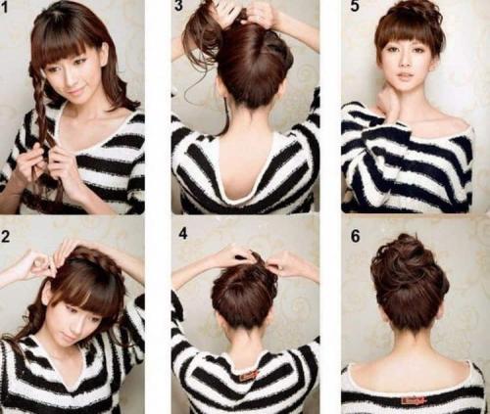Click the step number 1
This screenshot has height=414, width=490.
[x=4, y=8]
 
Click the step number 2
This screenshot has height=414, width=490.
[x=5, y=237]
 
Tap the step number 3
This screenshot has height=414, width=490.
[x=178, y=6]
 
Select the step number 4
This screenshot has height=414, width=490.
[x=183, y=234]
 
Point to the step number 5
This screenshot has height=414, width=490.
[x=355, y=6]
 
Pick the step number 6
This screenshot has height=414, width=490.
[x=356, y=236]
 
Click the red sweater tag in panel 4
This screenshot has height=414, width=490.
[x=249, y=375]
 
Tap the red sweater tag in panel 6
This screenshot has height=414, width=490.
[x=415, y=399]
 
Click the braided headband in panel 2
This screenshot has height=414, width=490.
[x=85, y=257]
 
